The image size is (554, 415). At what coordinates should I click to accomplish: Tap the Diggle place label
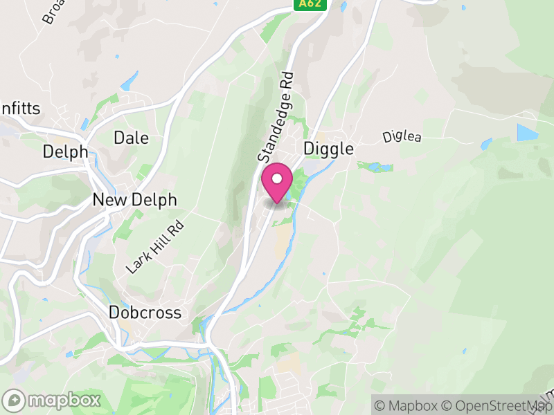[328, 149]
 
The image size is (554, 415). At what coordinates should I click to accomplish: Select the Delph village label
[65, 151]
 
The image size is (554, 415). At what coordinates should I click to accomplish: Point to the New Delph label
[134, 201]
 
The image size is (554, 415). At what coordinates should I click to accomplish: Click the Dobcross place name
[145, 313]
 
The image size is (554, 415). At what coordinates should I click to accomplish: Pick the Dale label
[131, 138]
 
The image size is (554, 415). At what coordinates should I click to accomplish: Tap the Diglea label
[402, 138]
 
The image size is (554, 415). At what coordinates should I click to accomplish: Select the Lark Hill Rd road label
[156, 247]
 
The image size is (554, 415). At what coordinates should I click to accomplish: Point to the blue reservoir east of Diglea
[526, 133]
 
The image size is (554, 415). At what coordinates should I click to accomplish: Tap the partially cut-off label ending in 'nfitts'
[21, 109]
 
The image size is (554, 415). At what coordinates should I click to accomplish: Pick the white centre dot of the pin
[277, 178]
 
